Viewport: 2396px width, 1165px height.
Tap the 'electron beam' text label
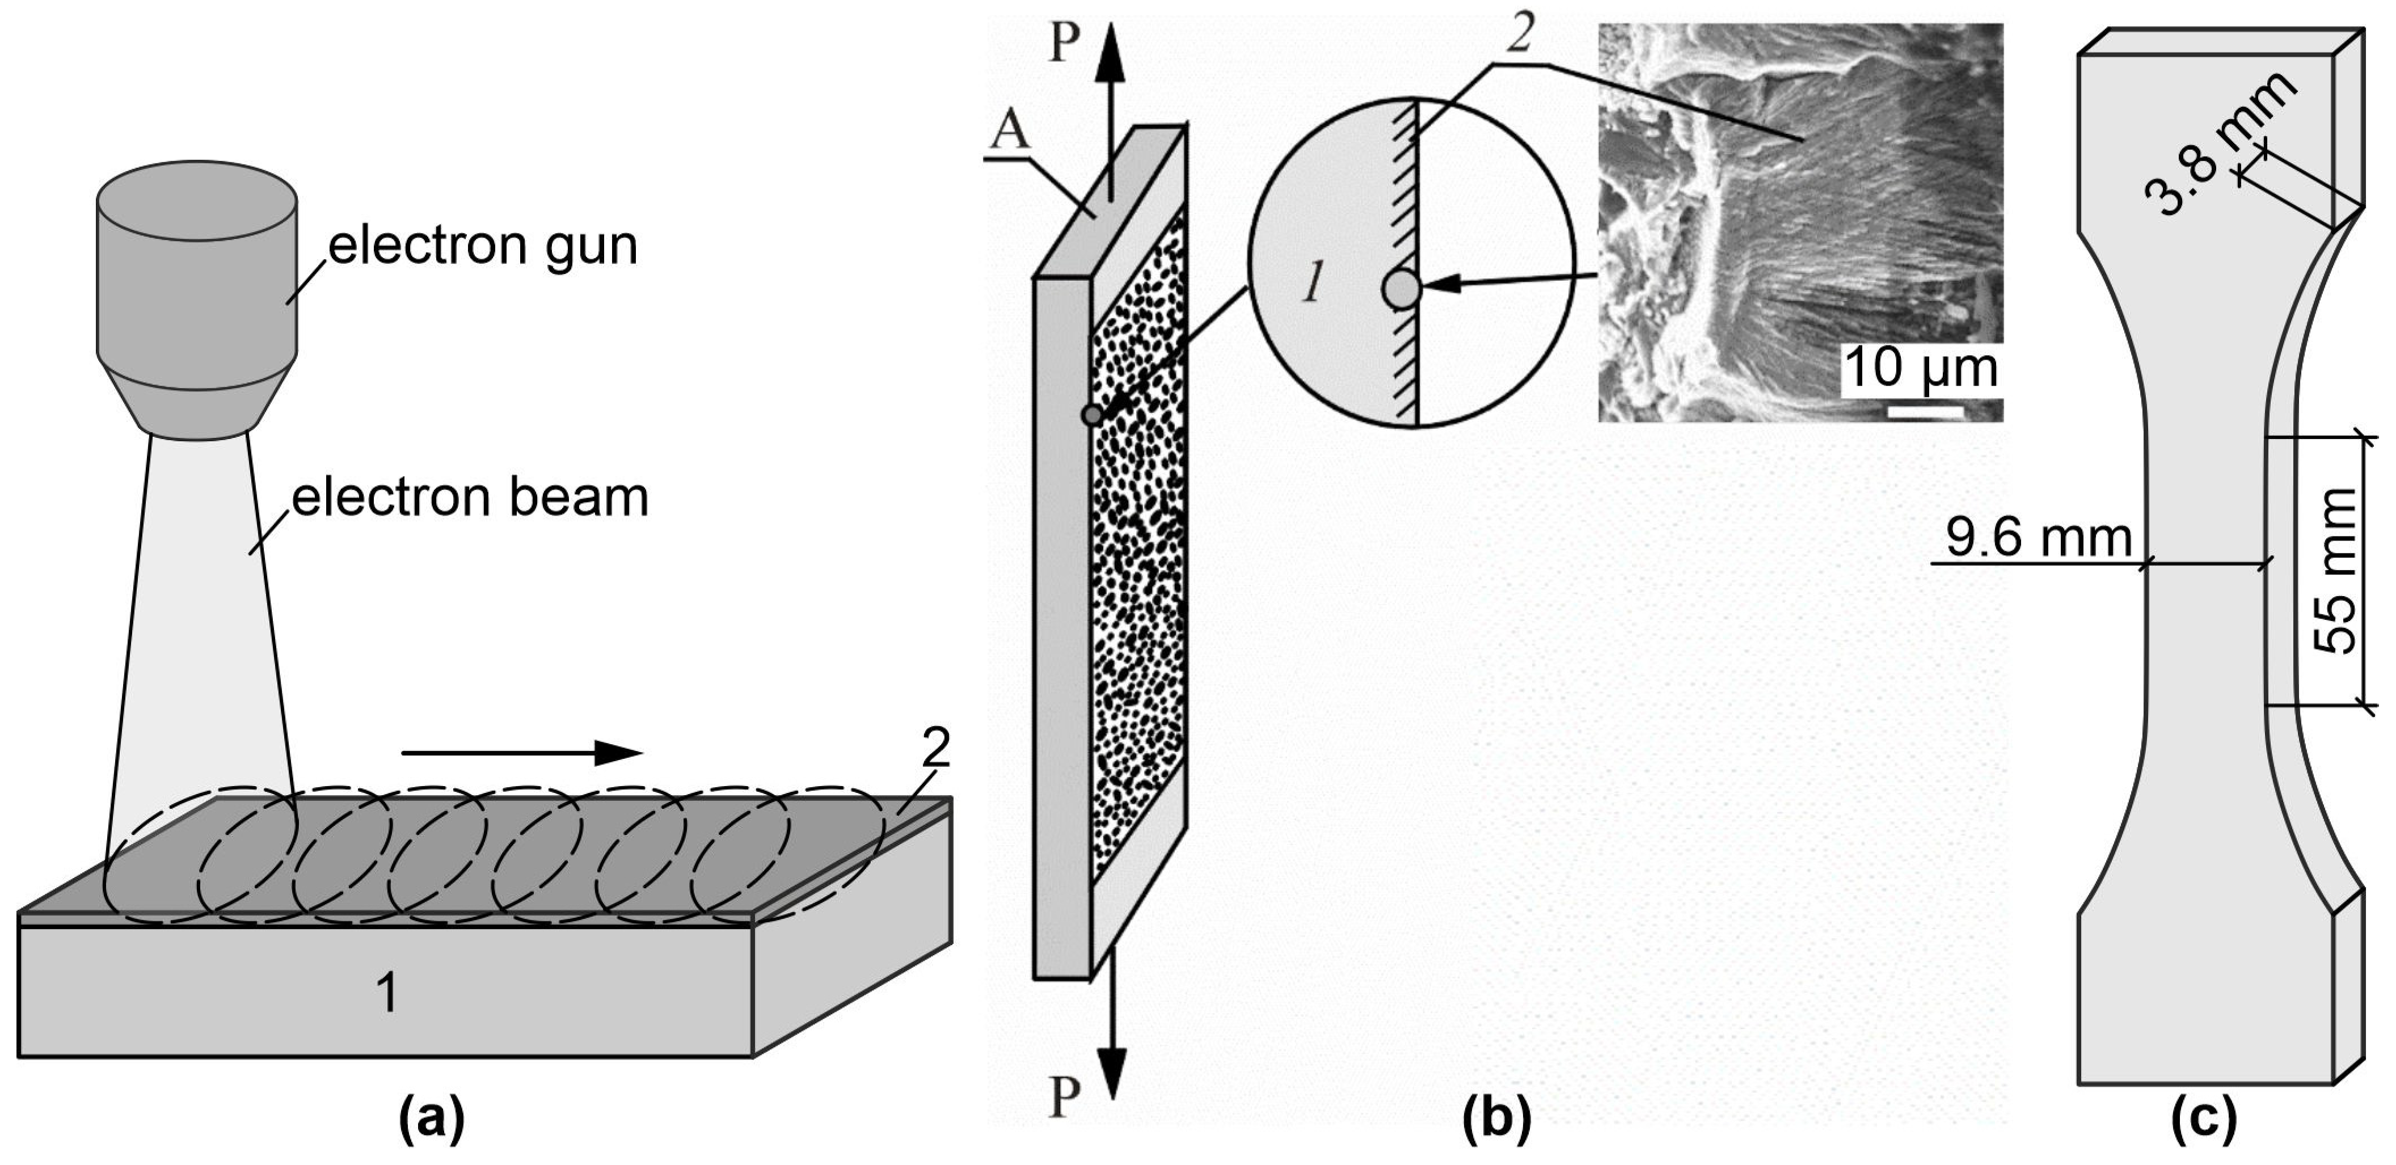[x=470, y=499]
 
